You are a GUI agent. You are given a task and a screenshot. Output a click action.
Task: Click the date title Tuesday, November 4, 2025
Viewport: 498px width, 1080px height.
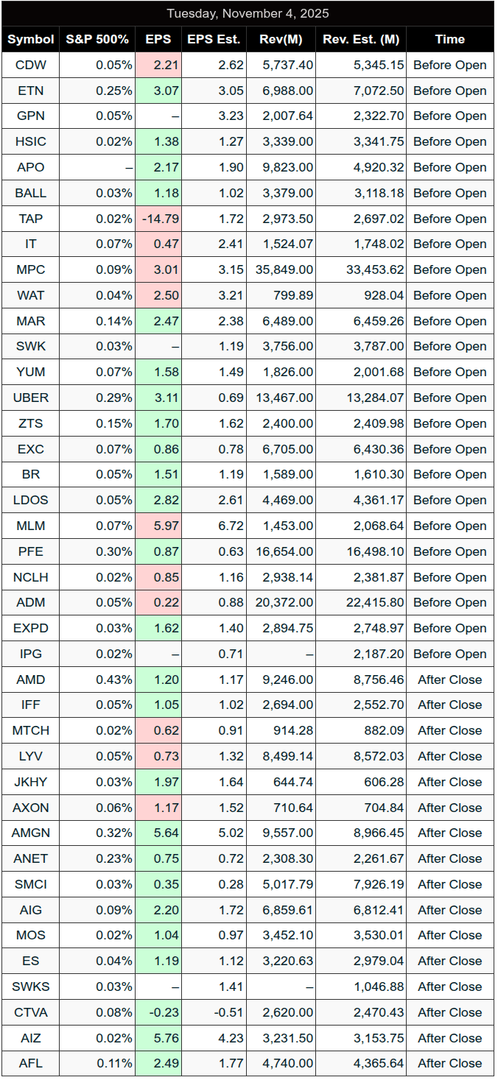[248, 13]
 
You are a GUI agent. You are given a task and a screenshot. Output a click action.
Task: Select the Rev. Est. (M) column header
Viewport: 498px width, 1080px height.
[362, 39]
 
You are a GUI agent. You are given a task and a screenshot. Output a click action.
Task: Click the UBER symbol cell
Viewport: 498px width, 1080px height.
[31, 398]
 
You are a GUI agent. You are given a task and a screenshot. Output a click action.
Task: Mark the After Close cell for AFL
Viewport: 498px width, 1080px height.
[449, 1063]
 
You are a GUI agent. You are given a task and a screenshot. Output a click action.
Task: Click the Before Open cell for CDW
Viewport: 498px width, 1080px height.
[449, 65]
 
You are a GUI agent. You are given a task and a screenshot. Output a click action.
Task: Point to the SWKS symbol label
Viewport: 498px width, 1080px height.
[31, 987]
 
